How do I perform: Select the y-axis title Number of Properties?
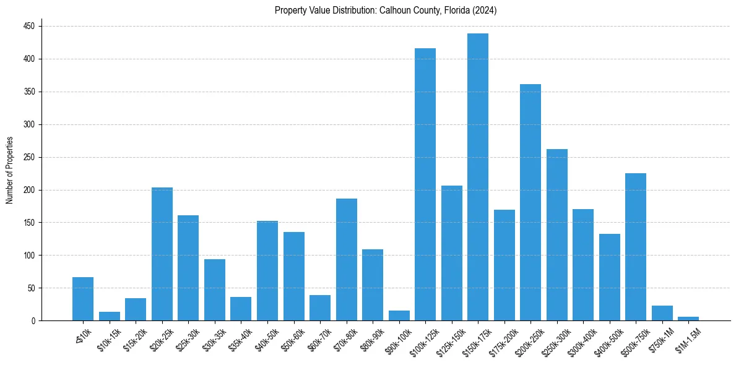click(9, 170)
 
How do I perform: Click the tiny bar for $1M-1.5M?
click(688, 319)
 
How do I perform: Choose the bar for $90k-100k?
click(399, 316)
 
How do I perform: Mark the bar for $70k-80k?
click(347, 260)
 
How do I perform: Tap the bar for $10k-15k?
click(110, 316)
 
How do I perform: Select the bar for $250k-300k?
click(557, 235)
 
